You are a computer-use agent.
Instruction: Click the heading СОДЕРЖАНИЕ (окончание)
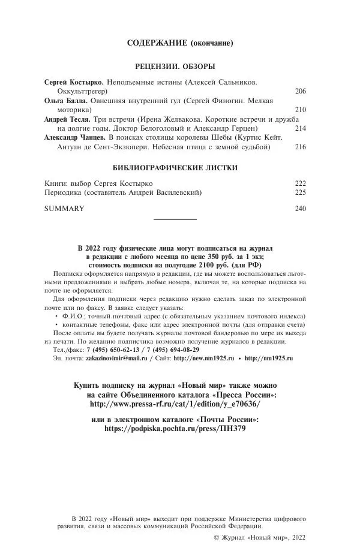coord(180,43)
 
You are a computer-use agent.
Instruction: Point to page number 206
coord(301,91)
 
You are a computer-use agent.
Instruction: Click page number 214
coord(301,128)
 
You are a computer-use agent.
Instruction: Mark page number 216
coord(301,146)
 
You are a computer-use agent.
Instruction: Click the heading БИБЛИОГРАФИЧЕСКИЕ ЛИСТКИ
coord(175,168)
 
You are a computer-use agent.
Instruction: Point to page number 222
coord(301,183)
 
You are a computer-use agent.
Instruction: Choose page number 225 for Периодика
coord(301,192)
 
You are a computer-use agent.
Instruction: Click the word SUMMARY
coord(64,209)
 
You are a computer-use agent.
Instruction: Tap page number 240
coord(301,209)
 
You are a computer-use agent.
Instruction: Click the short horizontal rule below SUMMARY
coord(175,220)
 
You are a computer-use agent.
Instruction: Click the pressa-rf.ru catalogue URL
coord(175,404)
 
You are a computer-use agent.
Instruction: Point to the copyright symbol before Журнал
coord(217,538)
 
